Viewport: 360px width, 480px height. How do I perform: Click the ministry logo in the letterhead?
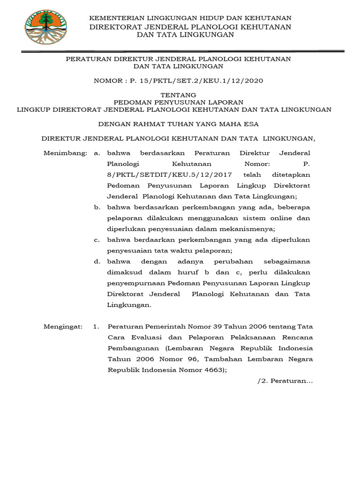(x=45, y=27)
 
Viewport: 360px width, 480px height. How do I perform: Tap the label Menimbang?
(x=65, y=153)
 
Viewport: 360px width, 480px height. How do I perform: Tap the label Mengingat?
(x=63, y=326)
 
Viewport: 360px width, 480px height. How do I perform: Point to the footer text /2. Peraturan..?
(x=285, y=381)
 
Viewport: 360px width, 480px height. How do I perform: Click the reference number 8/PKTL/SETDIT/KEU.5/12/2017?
(x=169, y=175)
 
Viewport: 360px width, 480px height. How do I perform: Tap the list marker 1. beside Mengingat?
(x=97, y=326)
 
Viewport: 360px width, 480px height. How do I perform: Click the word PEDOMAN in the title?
(x=135, y=102)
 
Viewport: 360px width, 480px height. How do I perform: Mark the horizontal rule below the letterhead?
(x=180, y=51)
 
